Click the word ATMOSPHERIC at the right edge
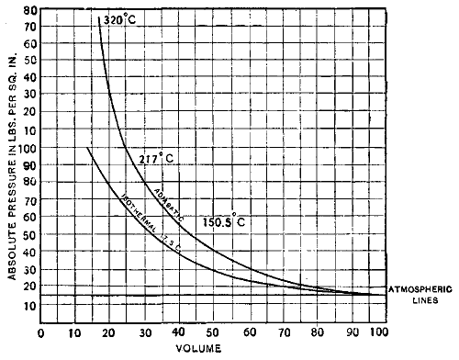tap(420, 288)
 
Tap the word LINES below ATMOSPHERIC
tap(420, 299)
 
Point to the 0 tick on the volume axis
tap(40, 332)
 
